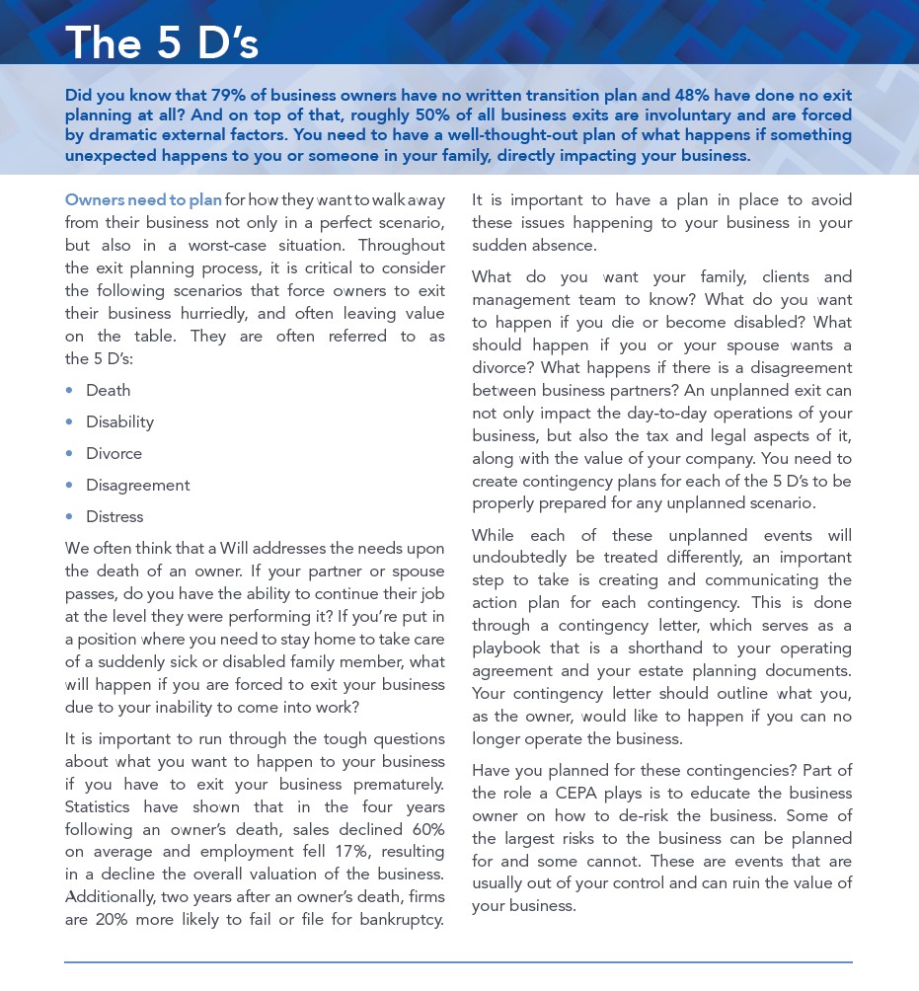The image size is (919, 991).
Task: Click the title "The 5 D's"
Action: click(x=161, y=42)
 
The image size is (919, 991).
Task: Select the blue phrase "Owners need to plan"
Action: click(x=143, y=199)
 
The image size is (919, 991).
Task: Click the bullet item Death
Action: click(x=108, y=390)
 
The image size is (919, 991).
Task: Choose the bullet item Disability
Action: click(x=119, y=421)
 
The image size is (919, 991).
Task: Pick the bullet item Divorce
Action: click(x=114, y=453)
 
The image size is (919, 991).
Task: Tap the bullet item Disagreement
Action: click(x=137, y=485)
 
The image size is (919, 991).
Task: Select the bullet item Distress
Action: click(x=115, y=516)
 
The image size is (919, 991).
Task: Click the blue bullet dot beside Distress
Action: click(x=69, y=516)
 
